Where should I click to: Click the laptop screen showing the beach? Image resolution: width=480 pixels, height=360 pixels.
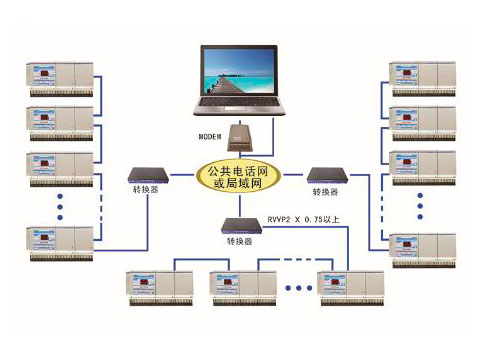(x=241, y=73)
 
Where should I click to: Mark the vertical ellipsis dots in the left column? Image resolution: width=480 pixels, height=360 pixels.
(x=60, y=205)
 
